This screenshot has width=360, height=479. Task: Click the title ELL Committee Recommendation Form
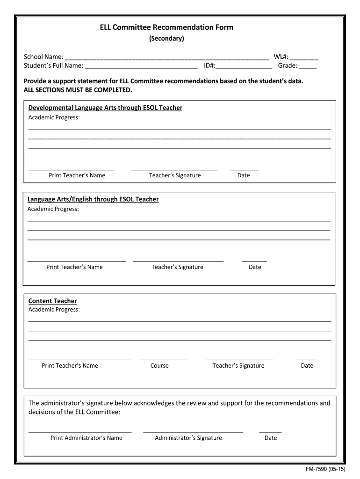(x=166, y=27)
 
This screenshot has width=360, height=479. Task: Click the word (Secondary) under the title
(x=166, y=38)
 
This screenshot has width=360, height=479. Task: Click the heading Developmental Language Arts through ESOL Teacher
(x=105, y=108)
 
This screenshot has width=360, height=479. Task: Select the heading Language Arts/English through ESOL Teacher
(x=93, y=199)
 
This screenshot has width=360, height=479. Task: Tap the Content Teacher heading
(x=52, y=301)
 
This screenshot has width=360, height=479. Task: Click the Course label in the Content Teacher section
(x=159, y=366)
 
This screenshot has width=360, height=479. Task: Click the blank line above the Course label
(x=163, y=358)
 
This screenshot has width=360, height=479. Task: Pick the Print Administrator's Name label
(x=86, y=438)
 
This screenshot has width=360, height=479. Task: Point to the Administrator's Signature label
(x=188, y=438)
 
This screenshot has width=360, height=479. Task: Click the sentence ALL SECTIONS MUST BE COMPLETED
(x=78, y=90)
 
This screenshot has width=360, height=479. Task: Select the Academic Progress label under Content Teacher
(x=54, y=310)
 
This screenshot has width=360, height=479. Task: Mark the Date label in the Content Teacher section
(x=307, y=366)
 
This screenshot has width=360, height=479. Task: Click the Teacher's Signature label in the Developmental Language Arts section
(x=175, y=175)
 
